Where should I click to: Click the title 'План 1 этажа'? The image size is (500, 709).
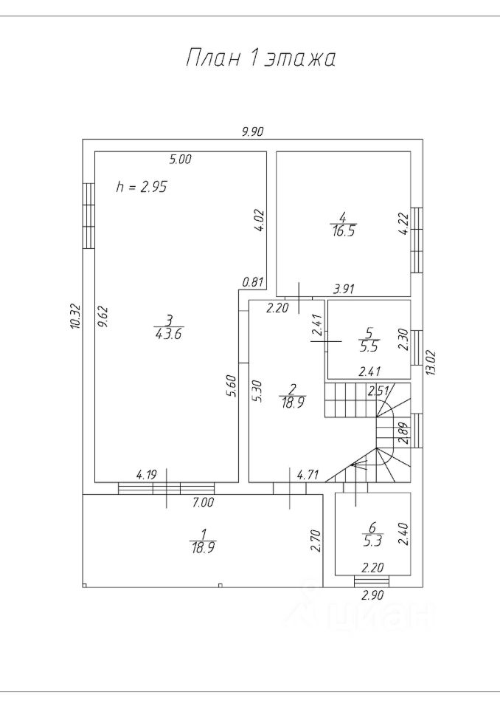coord(260,58)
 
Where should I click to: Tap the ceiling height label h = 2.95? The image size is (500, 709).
coord(142,186)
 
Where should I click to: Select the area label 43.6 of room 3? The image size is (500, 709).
coord(168,334)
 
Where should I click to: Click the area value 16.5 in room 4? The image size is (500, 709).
coord(343,231)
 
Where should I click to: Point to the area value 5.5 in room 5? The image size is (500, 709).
coord(369,347)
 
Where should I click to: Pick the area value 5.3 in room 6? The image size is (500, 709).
coord(372,541)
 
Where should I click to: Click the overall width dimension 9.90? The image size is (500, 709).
coord(252,131)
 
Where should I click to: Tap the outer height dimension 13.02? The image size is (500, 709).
coord(431,363)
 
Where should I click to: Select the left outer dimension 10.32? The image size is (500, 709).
coord(75,315)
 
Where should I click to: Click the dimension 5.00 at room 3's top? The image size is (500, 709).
coord(180,159)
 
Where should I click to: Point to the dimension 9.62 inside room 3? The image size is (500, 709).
coord(103,317)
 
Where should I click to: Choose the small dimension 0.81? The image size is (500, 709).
coord(252,283)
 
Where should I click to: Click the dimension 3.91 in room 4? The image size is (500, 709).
coord(344,289)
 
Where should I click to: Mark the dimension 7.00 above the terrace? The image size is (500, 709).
coord(203,502)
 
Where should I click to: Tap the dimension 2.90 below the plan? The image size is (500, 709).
coord(372,595)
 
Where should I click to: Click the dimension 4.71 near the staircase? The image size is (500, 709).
coord(308,475)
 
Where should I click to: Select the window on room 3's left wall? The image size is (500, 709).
coord(89,216)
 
